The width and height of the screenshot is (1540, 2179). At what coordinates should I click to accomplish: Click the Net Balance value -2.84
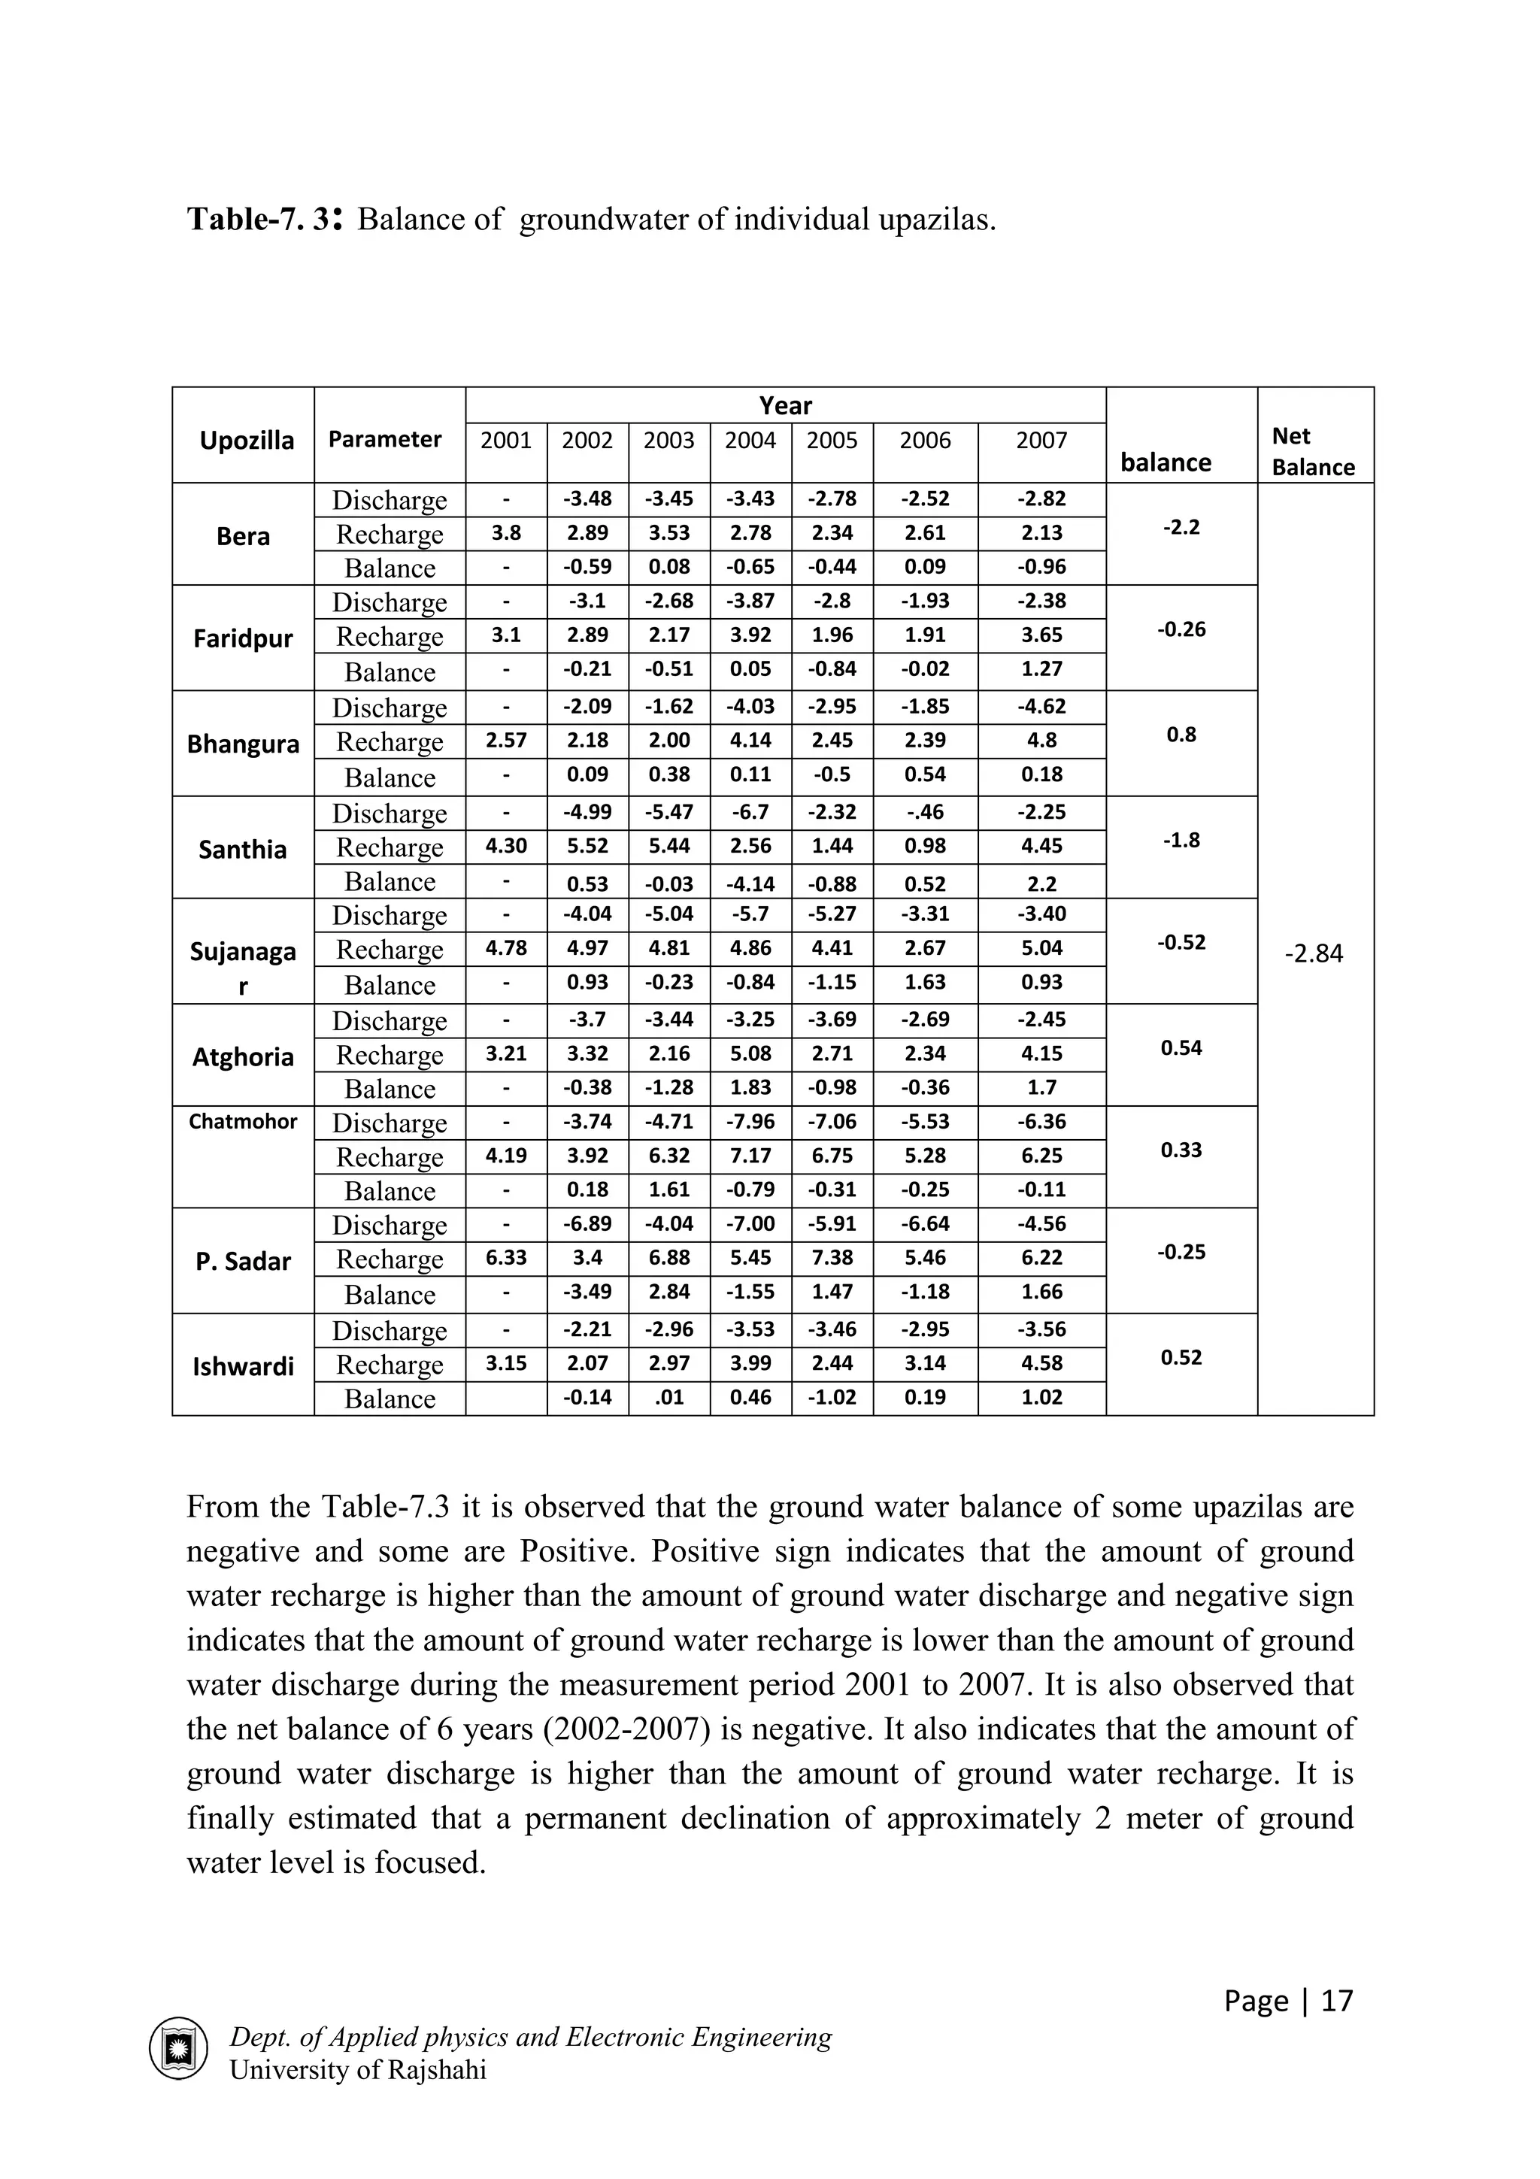[x=1314, y=954]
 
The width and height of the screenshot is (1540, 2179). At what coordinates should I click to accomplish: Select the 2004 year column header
[x=750, y=441]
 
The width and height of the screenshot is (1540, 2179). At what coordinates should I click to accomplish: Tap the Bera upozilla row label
[x=243, y=536]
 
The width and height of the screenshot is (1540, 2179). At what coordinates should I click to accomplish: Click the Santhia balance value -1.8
[x=1181, y=840]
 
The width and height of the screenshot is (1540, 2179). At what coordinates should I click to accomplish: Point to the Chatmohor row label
[x=243, y=1122]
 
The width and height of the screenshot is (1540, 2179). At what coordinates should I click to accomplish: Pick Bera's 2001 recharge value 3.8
[x=506, y=532]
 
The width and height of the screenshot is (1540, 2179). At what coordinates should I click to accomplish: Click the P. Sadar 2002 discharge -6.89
[x=587, y=1223]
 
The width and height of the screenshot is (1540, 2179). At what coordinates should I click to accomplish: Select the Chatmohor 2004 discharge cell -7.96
[x=750, y=1122]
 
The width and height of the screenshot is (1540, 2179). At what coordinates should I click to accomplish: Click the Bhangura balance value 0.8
[x=1181, y=735]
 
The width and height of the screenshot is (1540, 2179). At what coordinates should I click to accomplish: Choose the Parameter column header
[x=384, y=439]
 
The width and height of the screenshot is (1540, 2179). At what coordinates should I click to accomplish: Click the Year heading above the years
[x=785, y=406]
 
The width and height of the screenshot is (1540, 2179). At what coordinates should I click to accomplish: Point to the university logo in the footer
[x=177, y=2048]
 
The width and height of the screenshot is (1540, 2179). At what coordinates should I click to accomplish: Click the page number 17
[x=1336, y=2001]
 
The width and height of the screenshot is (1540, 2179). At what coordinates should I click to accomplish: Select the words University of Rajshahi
[x=358, y=2070]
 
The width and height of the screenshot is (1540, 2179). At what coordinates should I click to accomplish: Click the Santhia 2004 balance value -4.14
[x=750, y=883]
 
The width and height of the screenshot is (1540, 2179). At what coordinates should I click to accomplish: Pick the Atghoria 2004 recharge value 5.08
[x=750, y=1053]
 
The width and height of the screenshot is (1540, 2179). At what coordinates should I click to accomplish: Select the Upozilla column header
[x=247, y=441]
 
